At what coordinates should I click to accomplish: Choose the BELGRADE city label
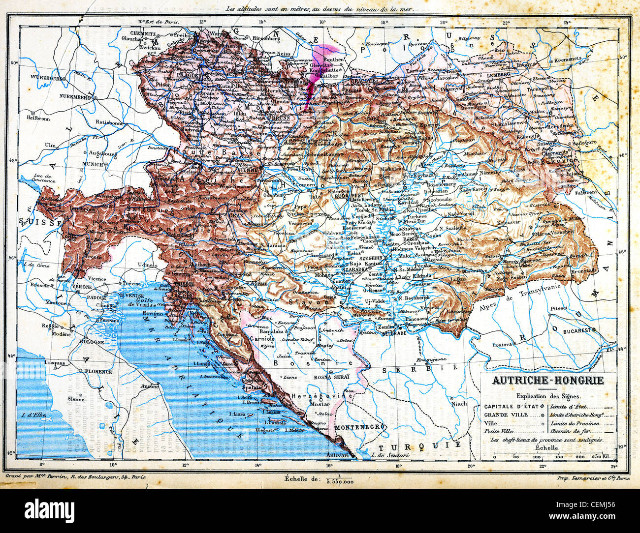click(x=393, y=333)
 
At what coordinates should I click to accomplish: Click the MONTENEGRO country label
click(x=359, y=427)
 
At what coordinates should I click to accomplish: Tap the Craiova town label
click(x=503, y=344)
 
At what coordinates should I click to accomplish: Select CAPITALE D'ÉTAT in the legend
click(x=512, y=407)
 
